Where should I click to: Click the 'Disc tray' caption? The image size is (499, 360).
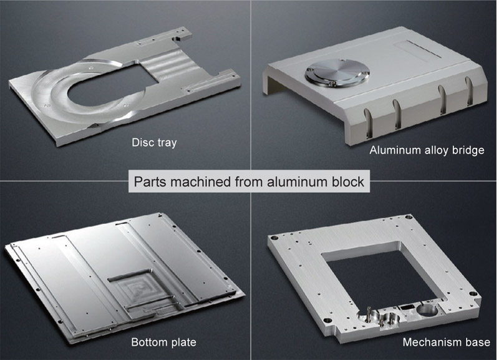coord(154,142)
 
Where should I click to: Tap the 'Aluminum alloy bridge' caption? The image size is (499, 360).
coord(427,150)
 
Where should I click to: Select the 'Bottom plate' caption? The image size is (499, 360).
coord(163,342)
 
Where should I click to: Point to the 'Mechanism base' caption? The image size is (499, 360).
coord(446,342)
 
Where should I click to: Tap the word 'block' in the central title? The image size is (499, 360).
coord(347,182)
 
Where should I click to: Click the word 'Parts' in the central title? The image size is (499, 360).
coord(150,182)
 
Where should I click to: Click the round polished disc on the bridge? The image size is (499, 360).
coord(337,72)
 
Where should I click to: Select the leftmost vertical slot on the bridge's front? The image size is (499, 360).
coord(368,123)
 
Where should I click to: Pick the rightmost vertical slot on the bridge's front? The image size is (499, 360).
coord(469,90)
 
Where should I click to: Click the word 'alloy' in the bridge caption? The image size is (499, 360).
coord(438,150)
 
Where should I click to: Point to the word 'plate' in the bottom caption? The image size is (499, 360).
coord(184,342)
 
